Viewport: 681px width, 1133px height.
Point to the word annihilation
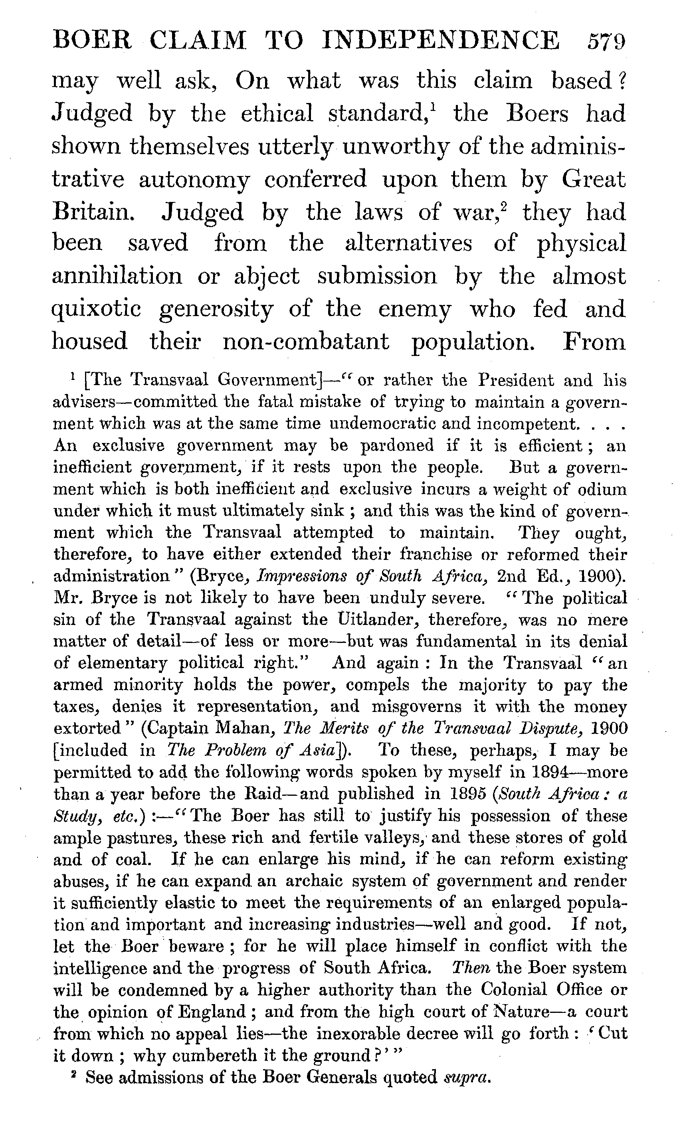point(117,276)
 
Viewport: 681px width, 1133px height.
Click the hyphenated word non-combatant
point(306,342)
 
